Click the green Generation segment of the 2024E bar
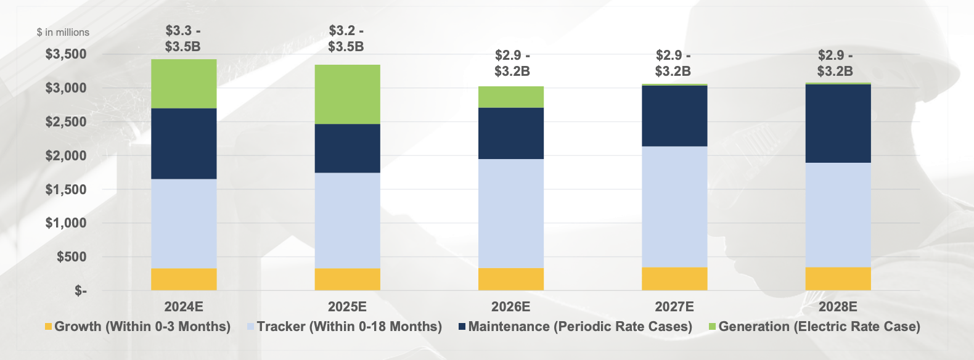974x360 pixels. click(x=184, y=84)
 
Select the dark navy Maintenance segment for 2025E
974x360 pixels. click(x=347, y=148)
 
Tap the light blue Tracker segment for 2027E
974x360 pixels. click(x=674, y=207)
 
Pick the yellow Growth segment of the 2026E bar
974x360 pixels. click(x=510, y=279)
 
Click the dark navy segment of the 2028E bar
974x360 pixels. click(x=838, y=123)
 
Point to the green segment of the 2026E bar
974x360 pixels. click(x=510, y=97)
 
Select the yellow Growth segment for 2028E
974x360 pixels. click(x=838, y=279)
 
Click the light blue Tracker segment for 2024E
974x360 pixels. click(x=184, y=223)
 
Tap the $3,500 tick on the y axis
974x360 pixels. click(x=66, y=54)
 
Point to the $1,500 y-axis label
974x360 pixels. click(x=66, y=189)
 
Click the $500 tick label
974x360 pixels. click(x=72, y=257)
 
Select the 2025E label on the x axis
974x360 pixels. click(x=347, y=307)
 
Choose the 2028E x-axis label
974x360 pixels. click(x=838, y=307)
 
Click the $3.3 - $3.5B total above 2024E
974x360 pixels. click(x=183, y=39)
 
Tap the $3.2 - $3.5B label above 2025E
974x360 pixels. click(x=346, y=39)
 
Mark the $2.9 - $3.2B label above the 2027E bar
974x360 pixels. click(x=673, y=63)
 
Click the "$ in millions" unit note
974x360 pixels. click(x=63, y=32)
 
